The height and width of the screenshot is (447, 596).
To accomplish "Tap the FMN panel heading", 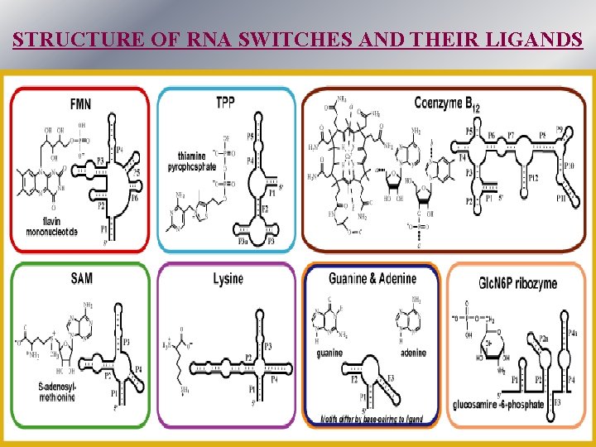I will tap(82, 105).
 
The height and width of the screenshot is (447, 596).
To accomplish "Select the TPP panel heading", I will tap(225, 103).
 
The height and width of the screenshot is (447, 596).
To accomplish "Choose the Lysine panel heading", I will tap(227, 279).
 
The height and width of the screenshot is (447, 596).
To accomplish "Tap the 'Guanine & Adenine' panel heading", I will tap(372, 278).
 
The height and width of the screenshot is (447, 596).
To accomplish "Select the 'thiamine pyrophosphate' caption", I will tap(196, 161).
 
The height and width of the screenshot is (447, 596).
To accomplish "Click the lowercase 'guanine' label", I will tap(329, 353).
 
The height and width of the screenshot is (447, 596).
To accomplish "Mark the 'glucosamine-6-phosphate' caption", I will tap(499, 405).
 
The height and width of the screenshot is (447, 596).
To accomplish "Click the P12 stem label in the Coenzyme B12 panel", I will tap(534, 179).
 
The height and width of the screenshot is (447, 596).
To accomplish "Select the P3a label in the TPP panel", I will tap(243, 242).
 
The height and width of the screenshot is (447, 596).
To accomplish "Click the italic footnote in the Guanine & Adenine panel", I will tap(371, 420).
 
